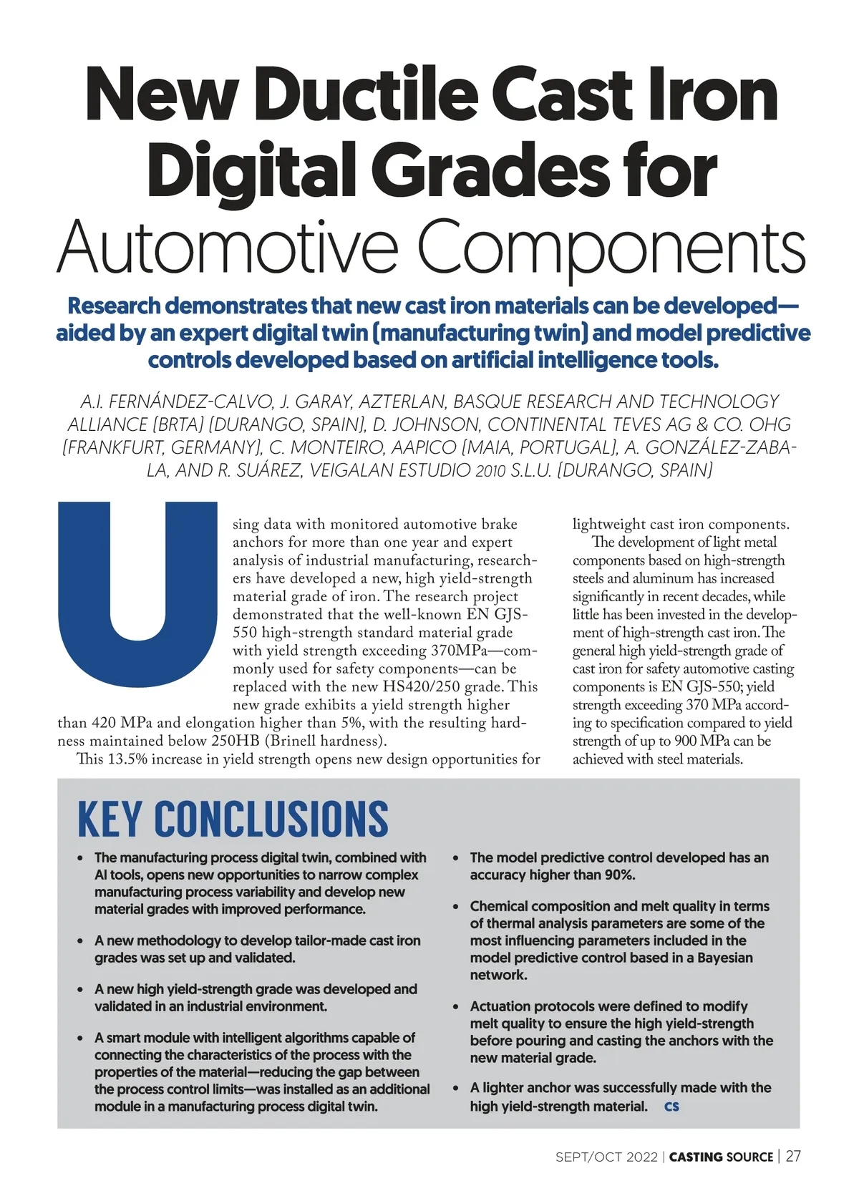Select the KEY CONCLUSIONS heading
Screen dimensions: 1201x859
(233, 819)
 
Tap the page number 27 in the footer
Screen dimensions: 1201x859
(793, 1156)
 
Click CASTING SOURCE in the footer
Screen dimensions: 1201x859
(721, 1157)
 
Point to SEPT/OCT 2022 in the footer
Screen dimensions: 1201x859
(606, 1157)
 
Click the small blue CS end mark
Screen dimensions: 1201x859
(671, 1107)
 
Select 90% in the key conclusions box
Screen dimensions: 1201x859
(614, 875)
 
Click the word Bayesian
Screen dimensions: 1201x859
(724, 958)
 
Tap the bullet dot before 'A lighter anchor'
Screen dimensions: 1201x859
(455, 1088)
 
